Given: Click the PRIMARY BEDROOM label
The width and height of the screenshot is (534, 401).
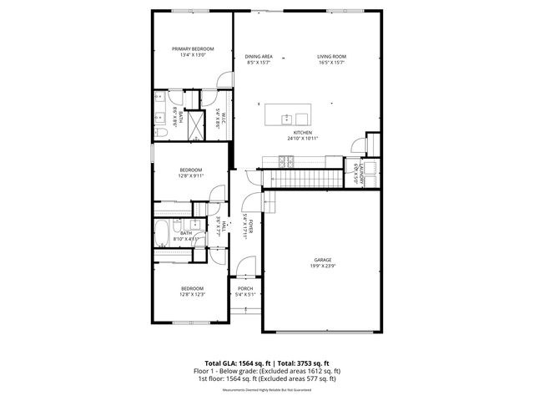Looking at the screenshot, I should (x=193, y=49).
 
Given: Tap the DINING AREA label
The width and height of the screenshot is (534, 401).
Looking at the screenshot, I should (x=259, y=56).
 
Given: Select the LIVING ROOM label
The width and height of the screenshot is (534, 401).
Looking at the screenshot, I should (x=331, y=56).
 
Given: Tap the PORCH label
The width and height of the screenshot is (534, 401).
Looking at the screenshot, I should (x=245, y=288).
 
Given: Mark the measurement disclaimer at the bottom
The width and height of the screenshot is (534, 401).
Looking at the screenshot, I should (x=266, y=389).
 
